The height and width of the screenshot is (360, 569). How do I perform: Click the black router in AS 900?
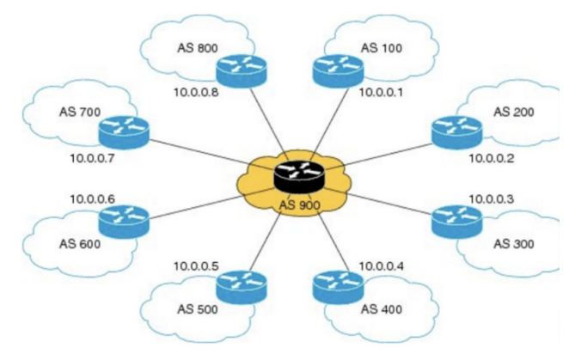[299, 177]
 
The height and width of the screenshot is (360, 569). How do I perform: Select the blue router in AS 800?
[242, 71]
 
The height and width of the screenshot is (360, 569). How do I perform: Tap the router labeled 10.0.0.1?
[338, 71]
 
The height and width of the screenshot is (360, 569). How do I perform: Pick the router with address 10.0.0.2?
[457, 133]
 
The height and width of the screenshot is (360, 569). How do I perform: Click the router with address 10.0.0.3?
[457, 222]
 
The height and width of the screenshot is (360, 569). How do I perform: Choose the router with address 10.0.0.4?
[338, 288]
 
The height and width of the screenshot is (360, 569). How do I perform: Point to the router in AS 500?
[242, 288]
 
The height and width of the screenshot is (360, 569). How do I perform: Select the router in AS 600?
[124, 222]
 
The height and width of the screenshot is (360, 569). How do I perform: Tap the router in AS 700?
[124, 133]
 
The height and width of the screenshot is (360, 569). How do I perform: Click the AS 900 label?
[300, 205]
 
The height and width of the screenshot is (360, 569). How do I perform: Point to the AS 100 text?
[382, 48]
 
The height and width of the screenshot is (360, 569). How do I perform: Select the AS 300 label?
[513, 244]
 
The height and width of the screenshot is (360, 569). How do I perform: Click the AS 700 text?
[80, 112]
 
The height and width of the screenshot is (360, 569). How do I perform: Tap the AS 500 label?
[198, 309]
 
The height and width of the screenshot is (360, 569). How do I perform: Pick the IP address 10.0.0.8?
[196, 93]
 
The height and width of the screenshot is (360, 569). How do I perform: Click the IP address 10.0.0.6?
[92, 199]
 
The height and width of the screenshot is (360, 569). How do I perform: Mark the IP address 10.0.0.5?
[196, 266]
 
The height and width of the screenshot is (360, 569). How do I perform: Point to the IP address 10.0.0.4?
[382, 266]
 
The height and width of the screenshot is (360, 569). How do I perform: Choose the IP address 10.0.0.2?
[492, 159]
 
